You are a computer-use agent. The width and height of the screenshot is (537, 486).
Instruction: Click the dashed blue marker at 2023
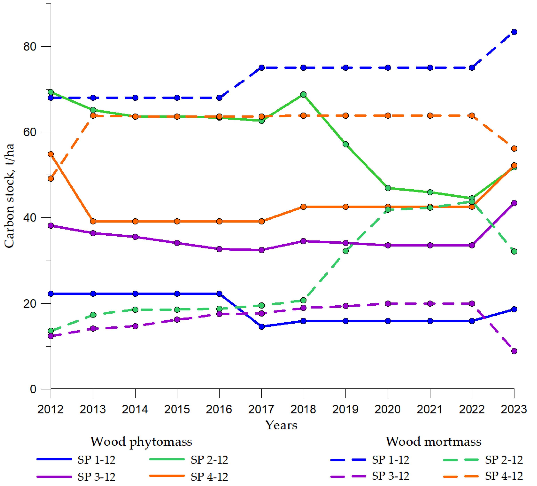pyautogui.click(x=514, y=32)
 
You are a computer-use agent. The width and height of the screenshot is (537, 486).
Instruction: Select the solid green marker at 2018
pyautogui.click(x=303, y=95)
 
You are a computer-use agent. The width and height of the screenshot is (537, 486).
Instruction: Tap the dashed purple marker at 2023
pyautogui.click(x=514, y=351)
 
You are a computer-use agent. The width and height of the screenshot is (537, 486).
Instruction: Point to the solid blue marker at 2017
pyautogui.click(x=262, y=327)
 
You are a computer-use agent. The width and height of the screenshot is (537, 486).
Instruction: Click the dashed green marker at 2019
pyautogui.click(x=346, y=251)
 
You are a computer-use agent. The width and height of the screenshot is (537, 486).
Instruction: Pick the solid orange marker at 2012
pyautogui.click(x=51, y=154)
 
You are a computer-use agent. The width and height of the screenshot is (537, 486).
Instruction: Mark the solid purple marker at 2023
pyautogui.click(x=514, y=203)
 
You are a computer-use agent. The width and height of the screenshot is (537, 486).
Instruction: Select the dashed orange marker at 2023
pyautogui.click(x=514, y=148)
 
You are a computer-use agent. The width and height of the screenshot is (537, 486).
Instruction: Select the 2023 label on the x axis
pyautogui.click(x=514, y=409)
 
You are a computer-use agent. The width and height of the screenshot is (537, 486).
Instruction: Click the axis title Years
pyautogui.click(x=281, y=425)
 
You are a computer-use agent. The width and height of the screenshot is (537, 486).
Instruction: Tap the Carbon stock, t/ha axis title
pyautogui.click(x=9, y=196)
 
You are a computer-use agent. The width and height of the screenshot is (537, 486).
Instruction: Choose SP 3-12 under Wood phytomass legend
pyautogui.click(x=96, y=477)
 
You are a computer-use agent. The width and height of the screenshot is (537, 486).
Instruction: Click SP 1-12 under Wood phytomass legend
pyautogui.click(x=96, y=460)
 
